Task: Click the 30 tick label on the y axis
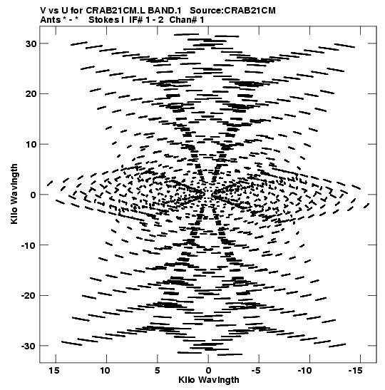31,43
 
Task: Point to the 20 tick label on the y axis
31,94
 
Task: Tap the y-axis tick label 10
31,144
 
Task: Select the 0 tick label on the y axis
34,195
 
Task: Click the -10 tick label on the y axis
29,245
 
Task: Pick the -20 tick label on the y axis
29,296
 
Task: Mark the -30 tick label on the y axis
29,346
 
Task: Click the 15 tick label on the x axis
54,371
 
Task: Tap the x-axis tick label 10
105,371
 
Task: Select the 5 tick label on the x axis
157,371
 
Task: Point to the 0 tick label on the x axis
208,371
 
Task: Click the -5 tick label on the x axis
257,371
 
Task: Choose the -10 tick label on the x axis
305,371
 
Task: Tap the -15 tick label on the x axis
356,371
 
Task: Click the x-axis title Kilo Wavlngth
209,380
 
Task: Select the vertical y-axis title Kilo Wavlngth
14,194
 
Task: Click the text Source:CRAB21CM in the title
232,11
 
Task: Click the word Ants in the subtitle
50,20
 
